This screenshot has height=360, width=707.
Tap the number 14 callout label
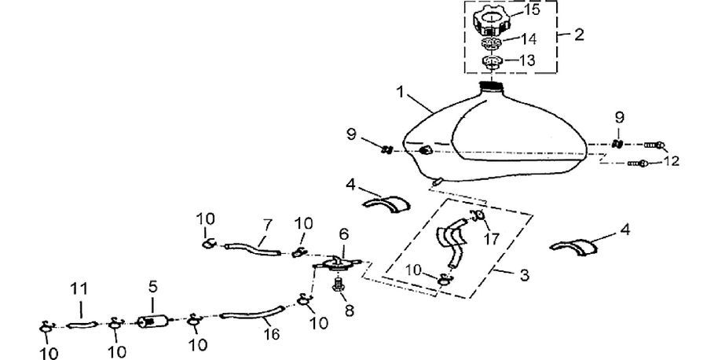pyautogui.click(x=528, y=39)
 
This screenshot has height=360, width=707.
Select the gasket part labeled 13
pyautogui.click(x=493, y=62)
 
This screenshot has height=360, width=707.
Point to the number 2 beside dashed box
pyautogui.click(x=579, y=35)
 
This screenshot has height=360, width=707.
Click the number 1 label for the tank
pyautogui.click(x=400, y=92)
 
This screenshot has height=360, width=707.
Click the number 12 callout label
pyautogui.click(x=671, y=160)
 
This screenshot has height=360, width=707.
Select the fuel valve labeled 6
pyautogui.click(x=337, y=264)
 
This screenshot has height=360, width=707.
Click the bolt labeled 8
pyautogui.click(x=338, y=285)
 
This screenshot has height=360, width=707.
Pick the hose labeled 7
pyautogui.click(x=252, y=248)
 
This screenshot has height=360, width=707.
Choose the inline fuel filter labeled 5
pyautogui.click(x=154, y=321)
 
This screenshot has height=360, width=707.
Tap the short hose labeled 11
pyautogui.click(x=82, y=325)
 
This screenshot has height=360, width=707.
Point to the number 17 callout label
pyautogui.click(x=492, y=238)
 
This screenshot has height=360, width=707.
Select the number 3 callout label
pyautogui.click(x=524, y=275)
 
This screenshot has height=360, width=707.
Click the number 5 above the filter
pyautogui.click(x=152, y=288)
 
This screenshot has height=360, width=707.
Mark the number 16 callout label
pyautogui.click(x=271, y=334)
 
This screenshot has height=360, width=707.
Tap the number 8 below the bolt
pyautogui.click(x=350, y=310)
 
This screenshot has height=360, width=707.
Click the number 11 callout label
pyautogui.click(x=79, y=289)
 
